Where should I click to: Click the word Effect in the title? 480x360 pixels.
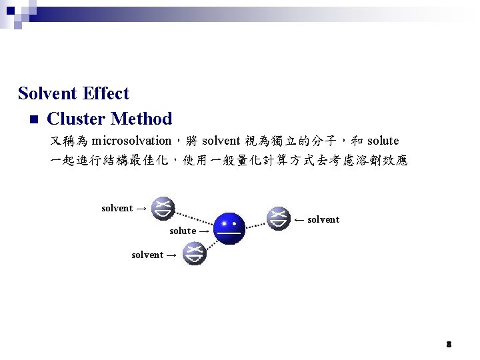pyautogui.click(x=108, y=93)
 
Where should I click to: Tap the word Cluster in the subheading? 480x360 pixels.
pyautogui.click(x=76, y=119)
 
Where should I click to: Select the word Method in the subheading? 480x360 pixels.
pyautogui.click(x=141, y=119)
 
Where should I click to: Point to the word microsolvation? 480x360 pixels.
pyautogui.click(x=131, y=141)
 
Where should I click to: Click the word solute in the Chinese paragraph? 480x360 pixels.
pyautogui.click(x=383, y=141)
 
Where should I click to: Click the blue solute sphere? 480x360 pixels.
pyautogui.click(x=230, y=228)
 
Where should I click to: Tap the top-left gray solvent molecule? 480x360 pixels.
pyautogui.click(x=162, y=208)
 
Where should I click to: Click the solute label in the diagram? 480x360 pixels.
pyautogui.click(x=183, y=231)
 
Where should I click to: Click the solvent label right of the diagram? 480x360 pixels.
pyautogui.click(x=323, y=219)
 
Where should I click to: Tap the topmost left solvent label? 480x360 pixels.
pyautogui.click(x=117, y=208)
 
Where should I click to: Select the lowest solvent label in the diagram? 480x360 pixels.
pyautogui.click(x=147, y=255)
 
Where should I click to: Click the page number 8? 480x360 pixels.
pyautogui.click(x=449, y=344)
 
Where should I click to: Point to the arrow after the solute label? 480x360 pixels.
pyautogui.click(x=204, y=231)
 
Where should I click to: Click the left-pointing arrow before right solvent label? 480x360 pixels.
pyautogui.click(x=299, y=219)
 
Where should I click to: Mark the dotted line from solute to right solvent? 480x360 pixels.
pyautogui.click(x=256, y=222)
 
